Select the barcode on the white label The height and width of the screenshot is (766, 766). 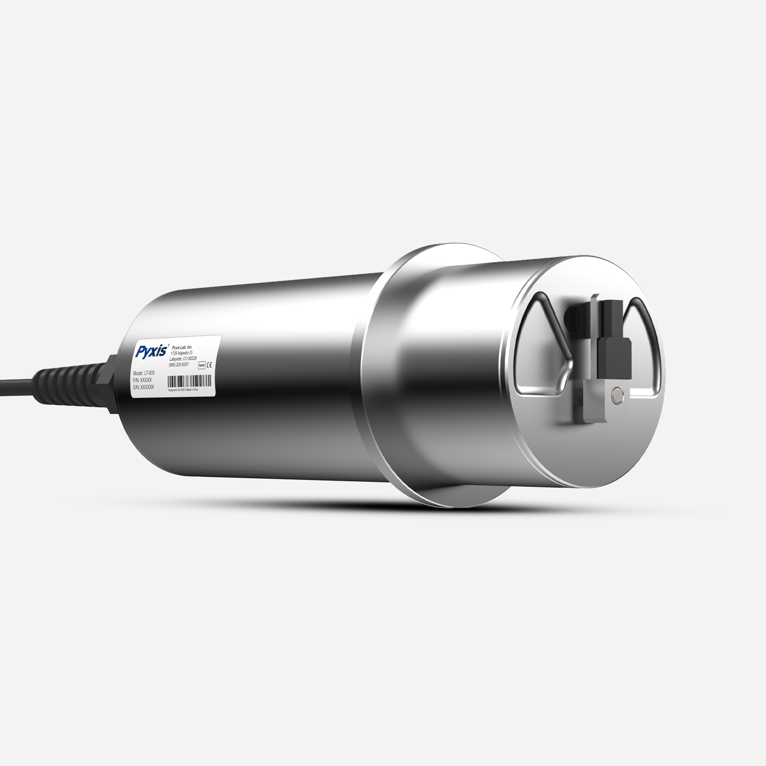coord(189,382)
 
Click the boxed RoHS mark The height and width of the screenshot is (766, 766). coord(201,365)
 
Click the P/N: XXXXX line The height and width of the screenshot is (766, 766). coord(142,380)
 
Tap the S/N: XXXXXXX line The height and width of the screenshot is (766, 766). coord(143,387)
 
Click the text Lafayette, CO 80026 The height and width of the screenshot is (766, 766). coord(183,359)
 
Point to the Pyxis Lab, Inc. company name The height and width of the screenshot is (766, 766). coord(182,347)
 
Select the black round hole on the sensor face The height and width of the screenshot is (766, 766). coord(572,319)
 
